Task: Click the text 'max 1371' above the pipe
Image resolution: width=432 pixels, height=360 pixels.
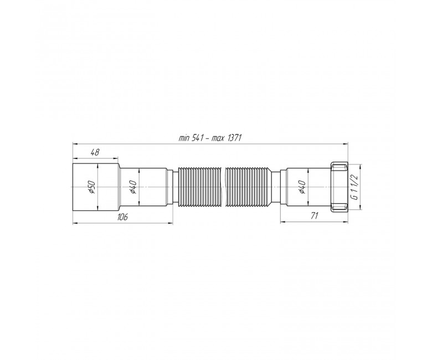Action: pos(227,138)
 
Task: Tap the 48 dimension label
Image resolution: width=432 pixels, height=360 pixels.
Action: pos(95,152)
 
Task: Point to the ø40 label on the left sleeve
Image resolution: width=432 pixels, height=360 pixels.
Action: pos(133,187)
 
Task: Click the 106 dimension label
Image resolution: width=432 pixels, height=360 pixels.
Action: pos(122,217)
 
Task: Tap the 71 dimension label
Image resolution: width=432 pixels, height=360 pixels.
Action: pos(314,215)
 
